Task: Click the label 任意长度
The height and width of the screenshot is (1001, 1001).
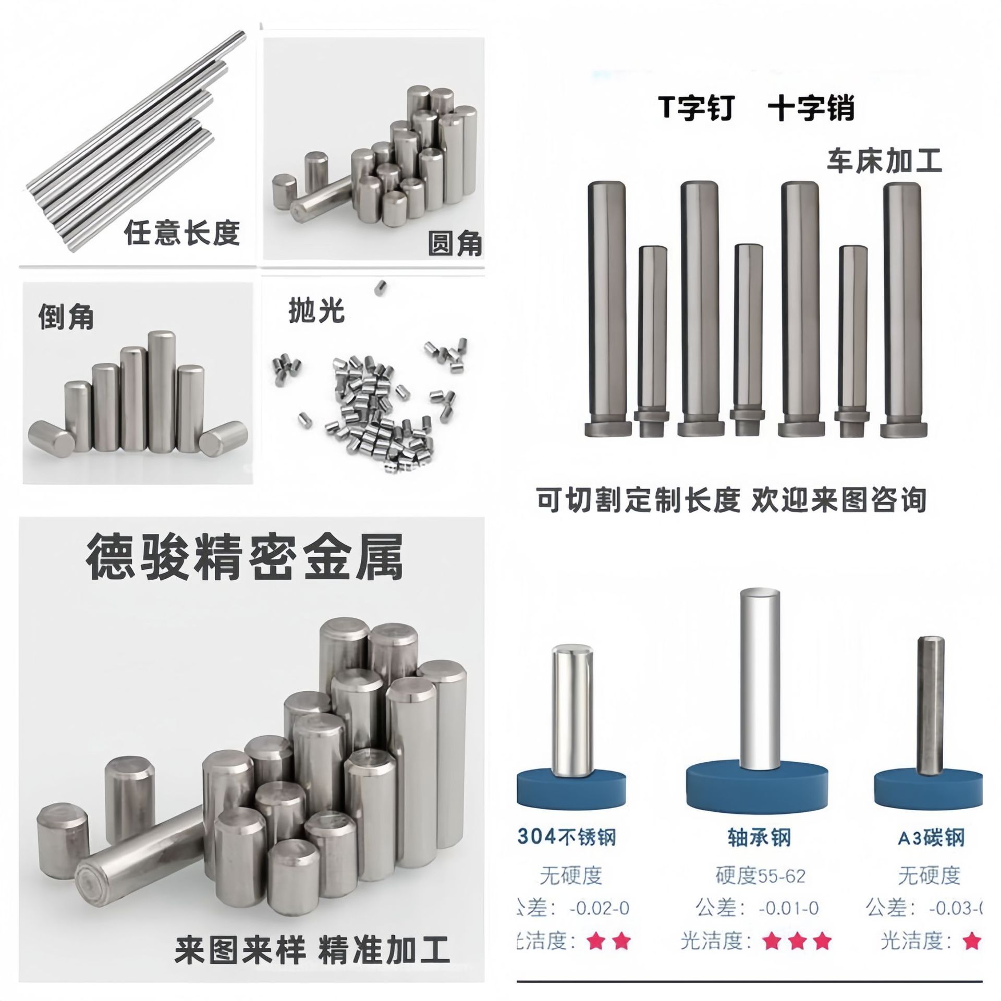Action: [182, 233]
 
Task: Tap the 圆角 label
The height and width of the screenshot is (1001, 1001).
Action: [455, 243]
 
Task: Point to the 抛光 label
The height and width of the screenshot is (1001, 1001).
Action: [316, 311]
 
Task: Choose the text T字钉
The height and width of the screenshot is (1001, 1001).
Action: [696, 109]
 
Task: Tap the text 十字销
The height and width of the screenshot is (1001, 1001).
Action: [811, 109]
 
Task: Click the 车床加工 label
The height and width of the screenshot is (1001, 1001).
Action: [884, 161]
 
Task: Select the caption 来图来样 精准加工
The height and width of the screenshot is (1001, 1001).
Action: [312, 950]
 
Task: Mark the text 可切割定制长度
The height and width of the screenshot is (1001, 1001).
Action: [639, 499]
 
